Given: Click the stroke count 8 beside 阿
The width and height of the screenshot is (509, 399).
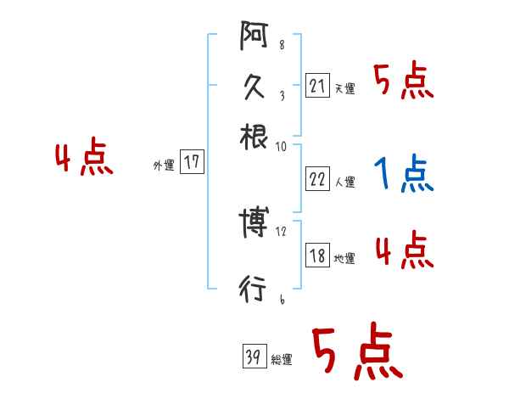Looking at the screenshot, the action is point(282,45).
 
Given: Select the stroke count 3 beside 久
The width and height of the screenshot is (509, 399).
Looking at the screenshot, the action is point(282,97).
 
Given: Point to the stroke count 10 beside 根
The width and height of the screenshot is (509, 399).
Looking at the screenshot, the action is point(282,147).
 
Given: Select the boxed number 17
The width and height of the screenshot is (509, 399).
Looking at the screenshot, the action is point(193,162).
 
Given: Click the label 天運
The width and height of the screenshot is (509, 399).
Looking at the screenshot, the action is point(345,88).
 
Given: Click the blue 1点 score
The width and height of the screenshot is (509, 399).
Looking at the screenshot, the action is point(403,174).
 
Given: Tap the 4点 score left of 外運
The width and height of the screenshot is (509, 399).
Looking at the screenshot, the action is point(83,159).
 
